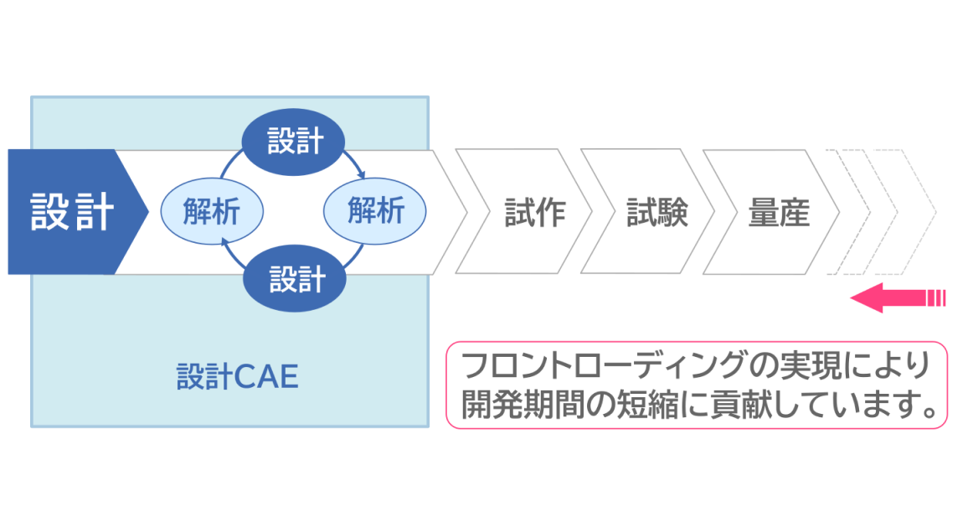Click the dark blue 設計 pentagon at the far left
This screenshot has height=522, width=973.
[x=71, y=211]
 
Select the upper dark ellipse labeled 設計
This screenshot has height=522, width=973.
[x=294, y=141]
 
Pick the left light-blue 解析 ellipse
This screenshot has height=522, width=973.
[x=212, y=210]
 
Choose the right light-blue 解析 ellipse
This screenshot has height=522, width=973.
[x=375, y=210]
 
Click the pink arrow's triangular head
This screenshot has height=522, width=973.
[x=867, y=297]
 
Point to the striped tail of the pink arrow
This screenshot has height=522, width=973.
[x=934, y=297]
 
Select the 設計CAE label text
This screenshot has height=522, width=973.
[x=237, y=377]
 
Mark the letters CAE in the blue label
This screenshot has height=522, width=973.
[x=265, y=377]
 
